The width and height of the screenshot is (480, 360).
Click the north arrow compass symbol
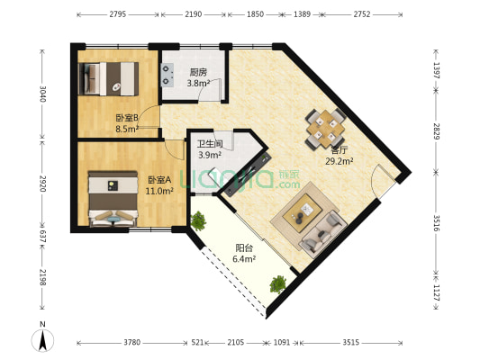tap(42, 340)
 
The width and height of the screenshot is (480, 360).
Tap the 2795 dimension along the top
tap(118, 14)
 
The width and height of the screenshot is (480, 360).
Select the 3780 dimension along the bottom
tap(132, 342)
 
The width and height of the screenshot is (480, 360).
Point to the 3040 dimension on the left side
tap(42, 94)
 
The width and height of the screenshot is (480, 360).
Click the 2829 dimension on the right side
tap(437, 131)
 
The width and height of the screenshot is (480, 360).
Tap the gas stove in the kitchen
tap(168, 75)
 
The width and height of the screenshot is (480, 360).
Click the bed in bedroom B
tap(109, 79)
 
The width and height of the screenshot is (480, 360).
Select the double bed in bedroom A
tap(113, 199)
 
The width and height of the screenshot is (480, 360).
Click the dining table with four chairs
tap(325, 129)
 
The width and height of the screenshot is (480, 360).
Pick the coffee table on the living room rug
tap(303, 212)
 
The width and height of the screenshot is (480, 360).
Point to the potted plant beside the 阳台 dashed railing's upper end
tap(198, 220)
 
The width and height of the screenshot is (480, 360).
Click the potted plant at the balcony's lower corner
tap(278, 284)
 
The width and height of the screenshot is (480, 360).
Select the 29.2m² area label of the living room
tap(340, 161)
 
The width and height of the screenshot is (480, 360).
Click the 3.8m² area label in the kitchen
tap(198, 83)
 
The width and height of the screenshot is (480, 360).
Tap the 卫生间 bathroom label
tap(210, 144)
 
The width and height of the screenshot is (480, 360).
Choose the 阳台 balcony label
tap(244, 247)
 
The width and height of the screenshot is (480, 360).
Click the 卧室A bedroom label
tap(159, 180)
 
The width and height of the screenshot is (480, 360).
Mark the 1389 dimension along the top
tap(302, 14)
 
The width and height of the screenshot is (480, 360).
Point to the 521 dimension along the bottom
tap(197, 342)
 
